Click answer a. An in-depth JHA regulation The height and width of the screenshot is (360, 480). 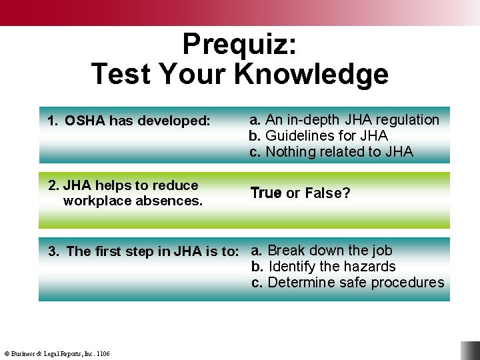click(344, 120)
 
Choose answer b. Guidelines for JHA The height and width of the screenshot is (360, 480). click(318, 136)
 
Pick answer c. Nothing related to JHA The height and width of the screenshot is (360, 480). click(331, 152)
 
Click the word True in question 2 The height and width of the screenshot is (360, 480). click(265, 193)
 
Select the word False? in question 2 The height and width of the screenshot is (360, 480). click(327, 193)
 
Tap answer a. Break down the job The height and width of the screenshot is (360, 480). click(321, 251)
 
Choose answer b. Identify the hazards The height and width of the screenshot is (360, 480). click(323, 267)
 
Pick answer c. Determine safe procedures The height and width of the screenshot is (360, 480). click(347, 283)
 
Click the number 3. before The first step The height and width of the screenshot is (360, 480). click(53, 251)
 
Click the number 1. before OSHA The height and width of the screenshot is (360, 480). click(53, 121)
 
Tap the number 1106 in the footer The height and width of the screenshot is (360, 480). click(103, 353)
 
